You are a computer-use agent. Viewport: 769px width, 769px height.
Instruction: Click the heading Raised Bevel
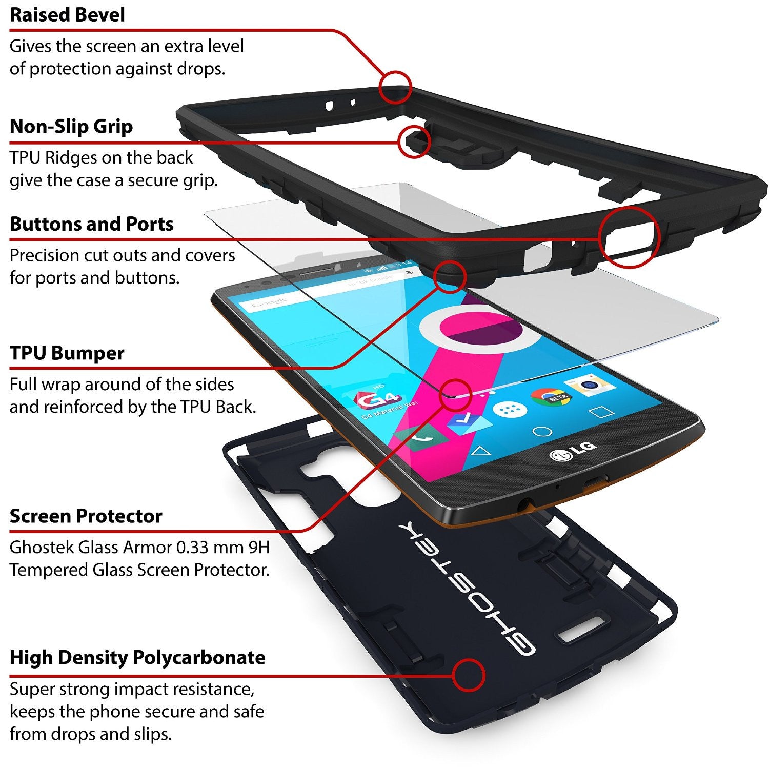pos(67,15)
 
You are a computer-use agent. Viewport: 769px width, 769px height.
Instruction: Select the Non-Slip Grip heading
pos(71,126)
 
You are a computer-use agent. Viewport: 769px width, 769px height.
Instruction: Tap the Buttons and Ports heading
pos(92,224)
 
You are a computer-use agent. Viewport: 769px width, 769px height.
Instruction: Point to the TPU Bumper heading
pos(67,353)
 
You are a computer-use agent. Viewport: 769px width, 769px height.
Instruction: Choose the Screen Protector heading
pos(86,516)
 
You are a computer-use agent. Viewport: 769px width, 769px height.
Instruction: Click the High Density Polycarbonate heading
pos(137,658)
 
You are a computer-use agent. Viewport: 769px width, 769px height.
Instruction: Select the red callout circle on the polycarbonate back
pos(468,675)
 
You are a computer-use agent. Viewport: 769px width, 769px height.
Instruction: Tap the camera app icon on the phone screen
pos(591,385)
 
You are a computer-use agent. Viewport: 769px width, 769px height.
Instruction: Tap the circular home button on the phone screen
pos(542,432)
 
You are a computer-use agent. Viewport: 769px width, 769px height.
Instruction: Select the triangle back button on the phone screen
pos(480,451)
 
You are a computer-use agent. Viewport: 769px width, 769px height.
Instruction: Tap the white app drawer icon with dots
pos(510,409)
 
